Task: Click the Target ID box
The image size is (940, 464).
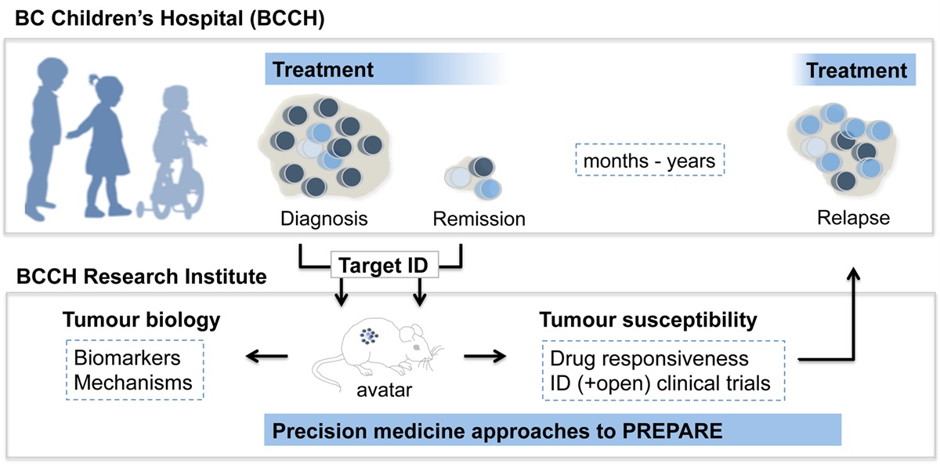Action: pos(381,266)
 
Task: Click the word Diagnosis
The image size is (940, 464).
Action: pos(324,219)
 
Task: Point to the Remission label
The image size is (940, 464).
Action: pos(479,219)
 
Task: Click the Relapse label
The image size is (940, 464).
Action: pos(853,217)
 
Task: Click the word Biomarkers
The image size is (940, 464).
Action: pos(127,358)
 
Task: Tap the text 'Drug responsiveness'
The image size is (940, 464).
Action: pos(649,358)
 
